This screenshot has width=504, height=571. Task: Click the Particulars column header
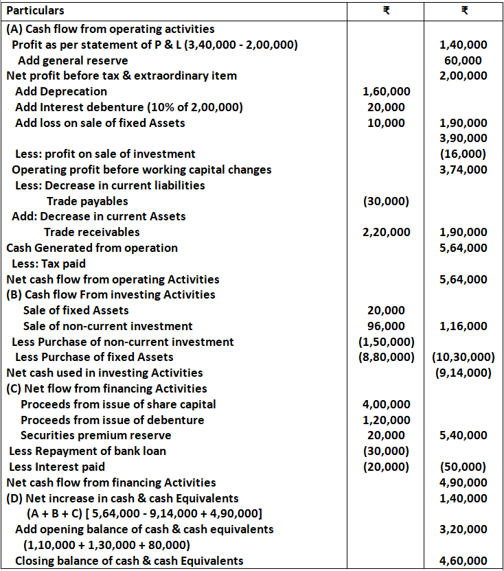pos(35,11)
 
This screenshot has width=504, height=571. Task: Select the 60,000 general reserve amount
pos(463,60)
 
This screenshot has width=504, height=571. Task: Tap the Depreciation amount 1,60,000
pos(387,91)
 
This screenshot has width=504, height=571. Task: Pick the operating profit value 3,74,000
pos(463,170)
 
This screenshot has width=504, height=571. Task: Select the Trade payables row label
pos(87,201)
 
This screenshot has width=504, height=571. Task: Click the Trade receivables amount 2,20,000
pos(387,232)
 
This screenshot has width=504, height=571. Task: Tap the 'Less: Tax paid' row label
pos(48,264)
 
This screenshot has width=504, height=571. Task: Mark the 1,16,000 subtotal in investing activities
pos(463,326)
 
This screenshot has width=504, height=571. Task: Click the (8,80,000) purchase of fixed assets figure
pos(387,357)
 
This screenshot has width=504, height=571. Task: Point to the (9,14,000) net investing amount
pos(463,373)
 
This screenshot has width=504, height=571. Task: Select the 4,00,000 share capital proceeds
pos(387,404)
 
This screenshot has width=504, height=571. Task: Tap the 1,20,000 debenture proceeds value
pos(387,420)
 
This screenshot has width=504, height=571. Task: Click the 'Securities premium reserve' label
pos(95,435)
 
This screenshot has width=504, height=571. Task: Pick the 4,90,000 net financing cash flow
pos(463,482)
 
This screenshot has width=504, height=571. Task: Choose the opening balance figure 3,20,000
pos(463,529)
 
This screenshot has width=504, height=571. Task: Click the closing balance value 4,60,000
pos(463,561)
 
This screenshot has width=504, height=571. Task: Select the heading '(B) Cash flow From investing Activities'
pos(111,294)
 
